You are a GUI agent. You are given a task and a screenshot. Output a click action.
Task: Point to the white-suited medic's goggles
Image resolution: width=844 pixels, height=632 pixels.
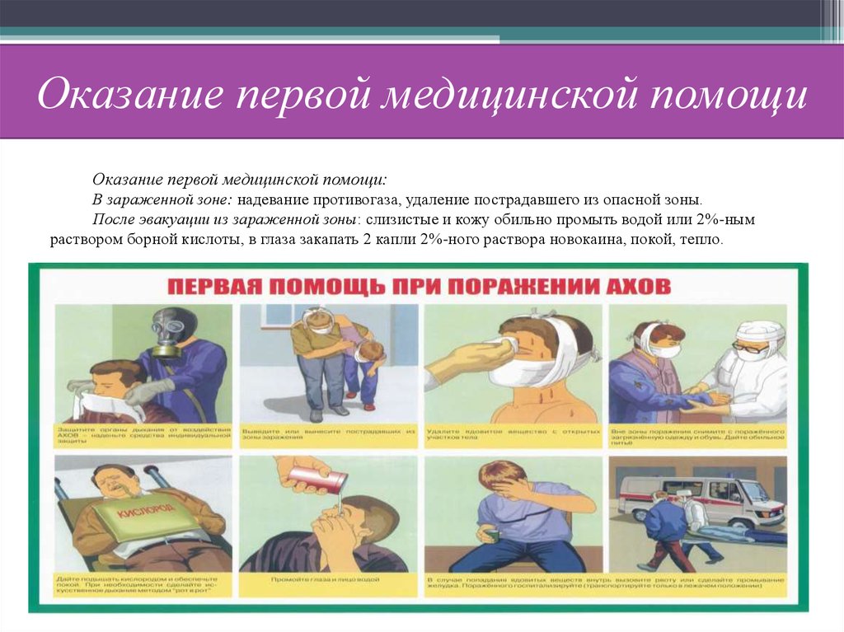click(x=750, y=348)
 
